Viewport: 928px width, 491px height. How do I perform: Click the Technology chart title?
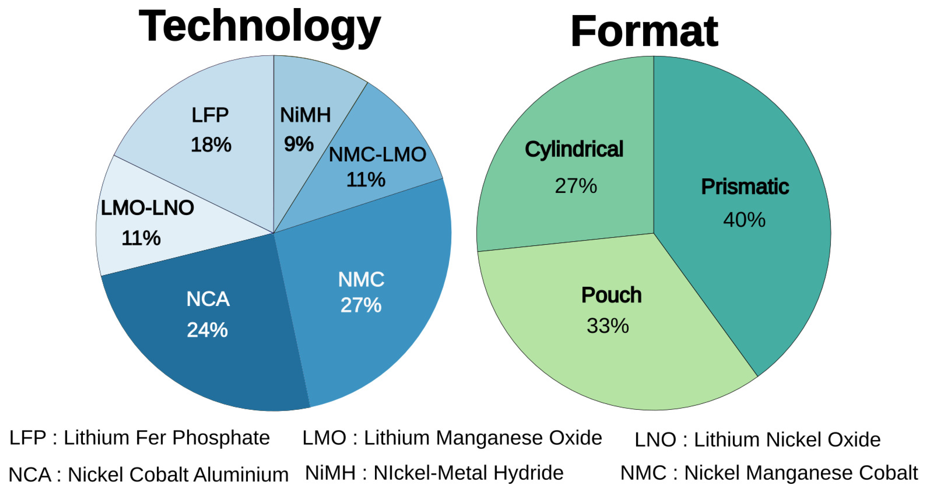coord(259,27)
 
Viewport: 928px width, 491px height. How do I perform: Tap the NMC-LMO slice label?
coord(377,155)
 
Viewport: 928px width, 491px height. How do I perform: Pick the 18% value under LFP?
coord(211,145)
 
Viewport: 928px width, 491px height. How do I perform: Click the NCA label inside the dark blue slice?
coord(208,299)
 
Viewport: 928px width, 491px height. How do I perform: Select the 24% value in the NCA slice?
coord(207,330)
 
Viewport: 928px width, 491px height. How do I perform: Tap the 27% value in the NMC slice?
coord(361,305)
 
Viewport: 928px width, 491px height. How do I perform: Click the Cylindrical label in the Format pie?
coord(574,149)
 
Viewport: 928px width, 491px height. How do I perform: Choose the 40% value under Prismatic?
coord(744,219)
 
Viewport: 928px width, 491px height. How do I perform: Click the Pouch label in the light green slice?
coord(611,295)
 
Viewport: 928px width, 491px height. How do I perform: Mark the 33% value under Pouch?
coord(608,326)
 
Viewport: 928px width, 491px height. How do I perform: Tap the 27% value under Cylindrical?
coord(576,186)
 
